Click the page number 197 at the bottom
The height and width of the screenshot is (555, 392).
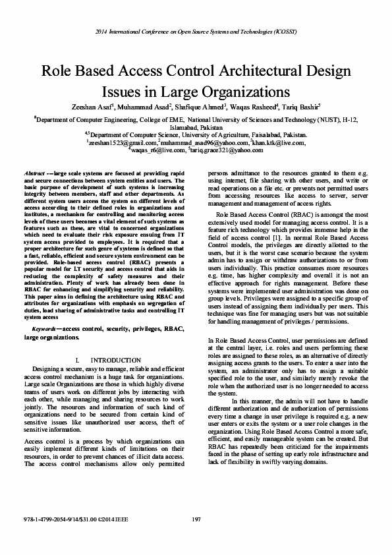[196, 520]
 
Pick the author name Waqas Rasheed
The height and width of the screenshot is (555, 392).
[254, 107]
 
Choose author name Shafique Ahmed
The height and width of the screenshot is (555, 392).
[201, 107]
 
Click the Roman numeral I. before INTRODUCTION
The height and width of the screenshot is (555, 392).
[79, 359]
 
